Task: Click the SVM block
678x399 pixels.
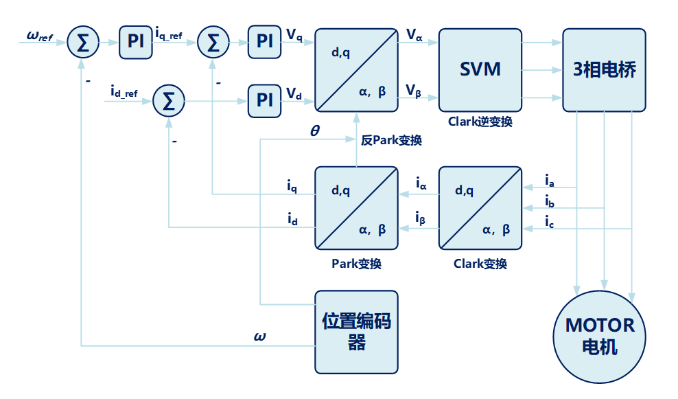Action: tap(480, 69)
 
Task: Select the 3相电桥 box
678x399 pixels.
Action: tap(604, 69)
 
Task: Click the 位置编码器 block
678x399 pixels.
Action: tap(356, 331)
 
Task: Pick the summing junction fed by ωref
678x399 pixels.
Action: tap(83, 44)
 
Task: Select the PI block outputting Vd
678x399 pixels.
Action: tap(264, 100)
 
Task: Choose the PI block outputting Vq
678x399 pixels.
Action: tap(264, 41)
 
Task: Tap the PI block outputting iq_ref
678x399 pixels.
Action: tap(136, 41)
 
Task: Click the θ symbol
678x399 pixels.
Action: tap(314, 130)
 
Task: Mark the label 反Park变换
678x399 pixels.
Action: tap(391, 141)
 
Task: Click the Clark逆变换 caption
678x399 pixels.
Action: tap(480, 122)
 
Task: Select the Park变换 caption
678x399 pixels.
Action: tap(356, 264)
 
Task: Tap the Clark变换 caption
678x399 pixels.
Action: tap(480, 264)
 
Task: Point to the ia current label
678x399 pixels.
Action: tap(550, 181)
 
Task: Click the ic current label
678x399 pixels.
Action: tap(550, 221)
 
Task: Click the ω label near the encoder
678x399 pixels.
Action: tap(259, 337)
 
